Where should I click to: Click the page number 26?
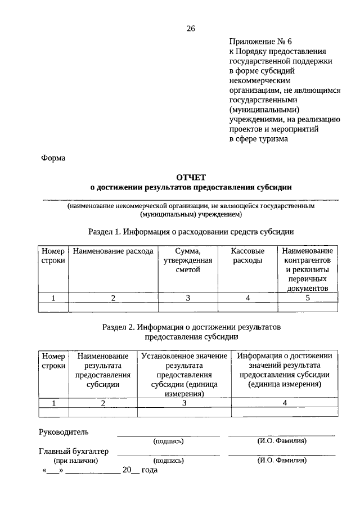(x=190, y=29)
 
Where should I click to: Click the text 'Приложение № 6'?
(x=262, y=42)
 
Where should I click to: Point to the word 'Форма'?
(x=53, y=158)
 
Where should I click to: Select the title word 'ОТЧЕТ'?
(x=191, y=177)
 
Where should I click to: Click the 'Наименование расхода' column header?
(x=112, y=251)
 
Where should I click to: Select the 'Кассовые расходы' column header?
(x=247, y=256)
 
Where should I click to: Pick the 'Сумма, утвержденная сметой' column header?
(x=187, y=260)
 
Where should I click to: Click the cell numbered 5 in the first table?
(x=308, y=298)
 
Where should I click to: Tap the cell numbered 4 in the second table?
(x=285, y=403)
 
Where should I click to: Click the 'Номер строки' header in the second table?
(x=53, y=361)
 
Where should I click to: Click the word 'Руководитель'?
(x=64, y=432)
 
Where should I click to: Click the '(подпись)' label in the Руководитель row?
(x=168, y=442)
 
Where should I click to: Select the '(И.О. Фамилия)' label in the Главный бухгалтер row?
(x=282, y=460)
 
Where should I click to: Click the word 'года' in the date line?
(x=149, y=470)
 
